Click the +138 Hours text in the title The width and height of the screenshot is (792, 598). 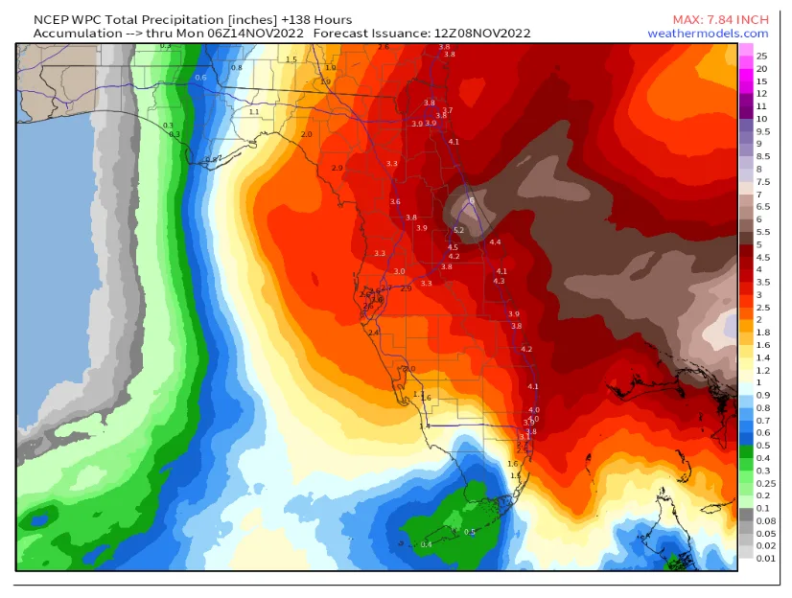(319, 19)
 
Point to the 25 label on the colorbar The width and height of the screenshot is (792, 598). (761, 56)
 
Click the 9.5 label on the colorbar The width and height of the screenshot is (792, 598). (763, 131)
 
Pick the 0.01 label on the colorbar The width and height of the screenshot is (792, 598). (765, 557)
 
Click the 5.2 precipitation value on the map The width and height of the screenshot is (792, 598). (458, 230)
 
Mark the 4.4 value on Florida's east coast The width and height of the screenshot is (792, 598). (495, 242)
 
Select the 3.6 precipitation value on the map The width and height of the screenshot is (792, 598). (395, 202)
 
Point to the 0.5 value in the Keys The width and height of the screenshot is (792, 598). (470, 532)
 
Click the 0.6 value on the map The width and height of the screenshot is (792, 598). (200, 78)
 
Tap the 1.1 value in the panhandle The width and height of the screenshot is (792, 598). (254, 112)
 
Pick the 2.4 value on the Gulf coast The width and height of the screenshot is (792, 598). (374, 332)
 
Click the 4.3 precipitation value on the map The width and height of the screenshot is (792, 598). (499, 281)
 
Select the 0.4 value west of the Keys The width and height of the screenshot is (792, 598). (427, 544)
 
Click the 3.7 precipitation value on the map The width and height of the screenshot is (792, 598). (447, 111)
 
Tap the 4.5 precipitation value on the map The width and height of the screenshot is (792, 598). (453, 247)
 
